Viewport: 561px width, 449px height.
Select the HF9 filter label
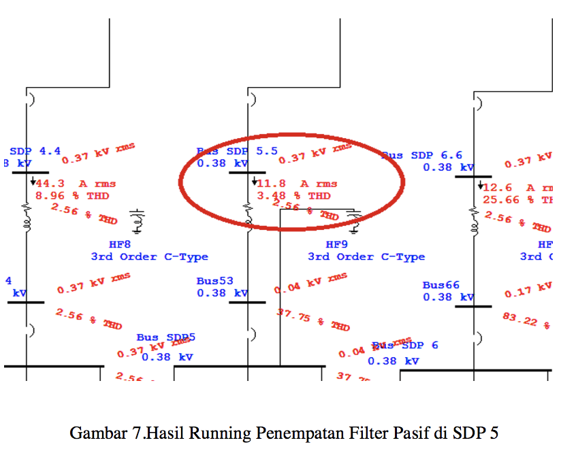pyautogui.click(x=337, y=244)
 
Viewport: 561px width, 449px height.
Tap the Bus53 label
pyautogui.click(x=214, y=281)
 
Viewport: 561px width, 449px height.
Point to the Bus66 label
pyautogui.click(x=440, y=285)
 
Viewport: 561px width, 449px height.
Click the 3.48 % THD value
pyautogui.click(x=293, y=196)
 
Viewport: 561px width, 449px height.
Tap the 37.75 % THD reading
pyautogui.click(x=312, y=319)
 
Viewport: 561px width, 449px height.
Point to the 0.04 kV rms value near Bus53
pyautogui.click(x=310, y=283)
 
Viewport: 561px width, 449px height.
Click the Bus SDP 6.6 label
pyautogui.click(x=422, y=156)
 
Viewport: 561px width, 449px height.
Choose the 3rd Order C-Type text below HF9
pyautogui.click(x=366, y=257)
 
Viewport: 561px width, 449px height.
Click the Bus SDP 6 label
pyautogui.click(x=405, y=346)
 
